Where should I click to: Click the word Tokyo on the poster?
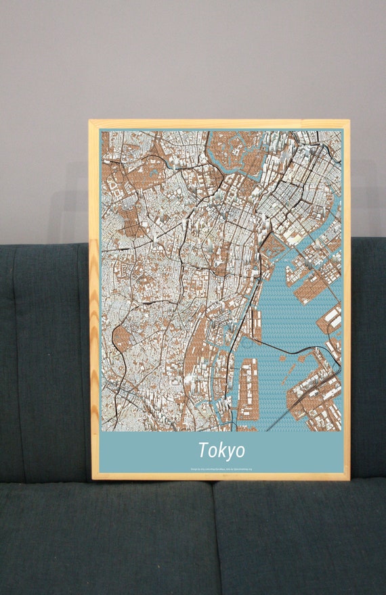[x=221, y=450]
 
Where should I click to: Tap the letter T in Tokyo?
[x=204, y=450]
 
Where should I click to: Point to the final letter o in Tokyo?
[x=240, y=451]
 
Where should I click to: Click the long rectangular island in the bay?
[x=248, y=389]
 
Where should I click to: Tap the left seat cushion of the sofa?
[x=102, y=541]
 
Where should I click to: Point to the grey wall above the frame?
[x=203, y=61]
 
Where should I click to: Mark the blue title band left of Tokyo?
[x=142, y=451]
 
